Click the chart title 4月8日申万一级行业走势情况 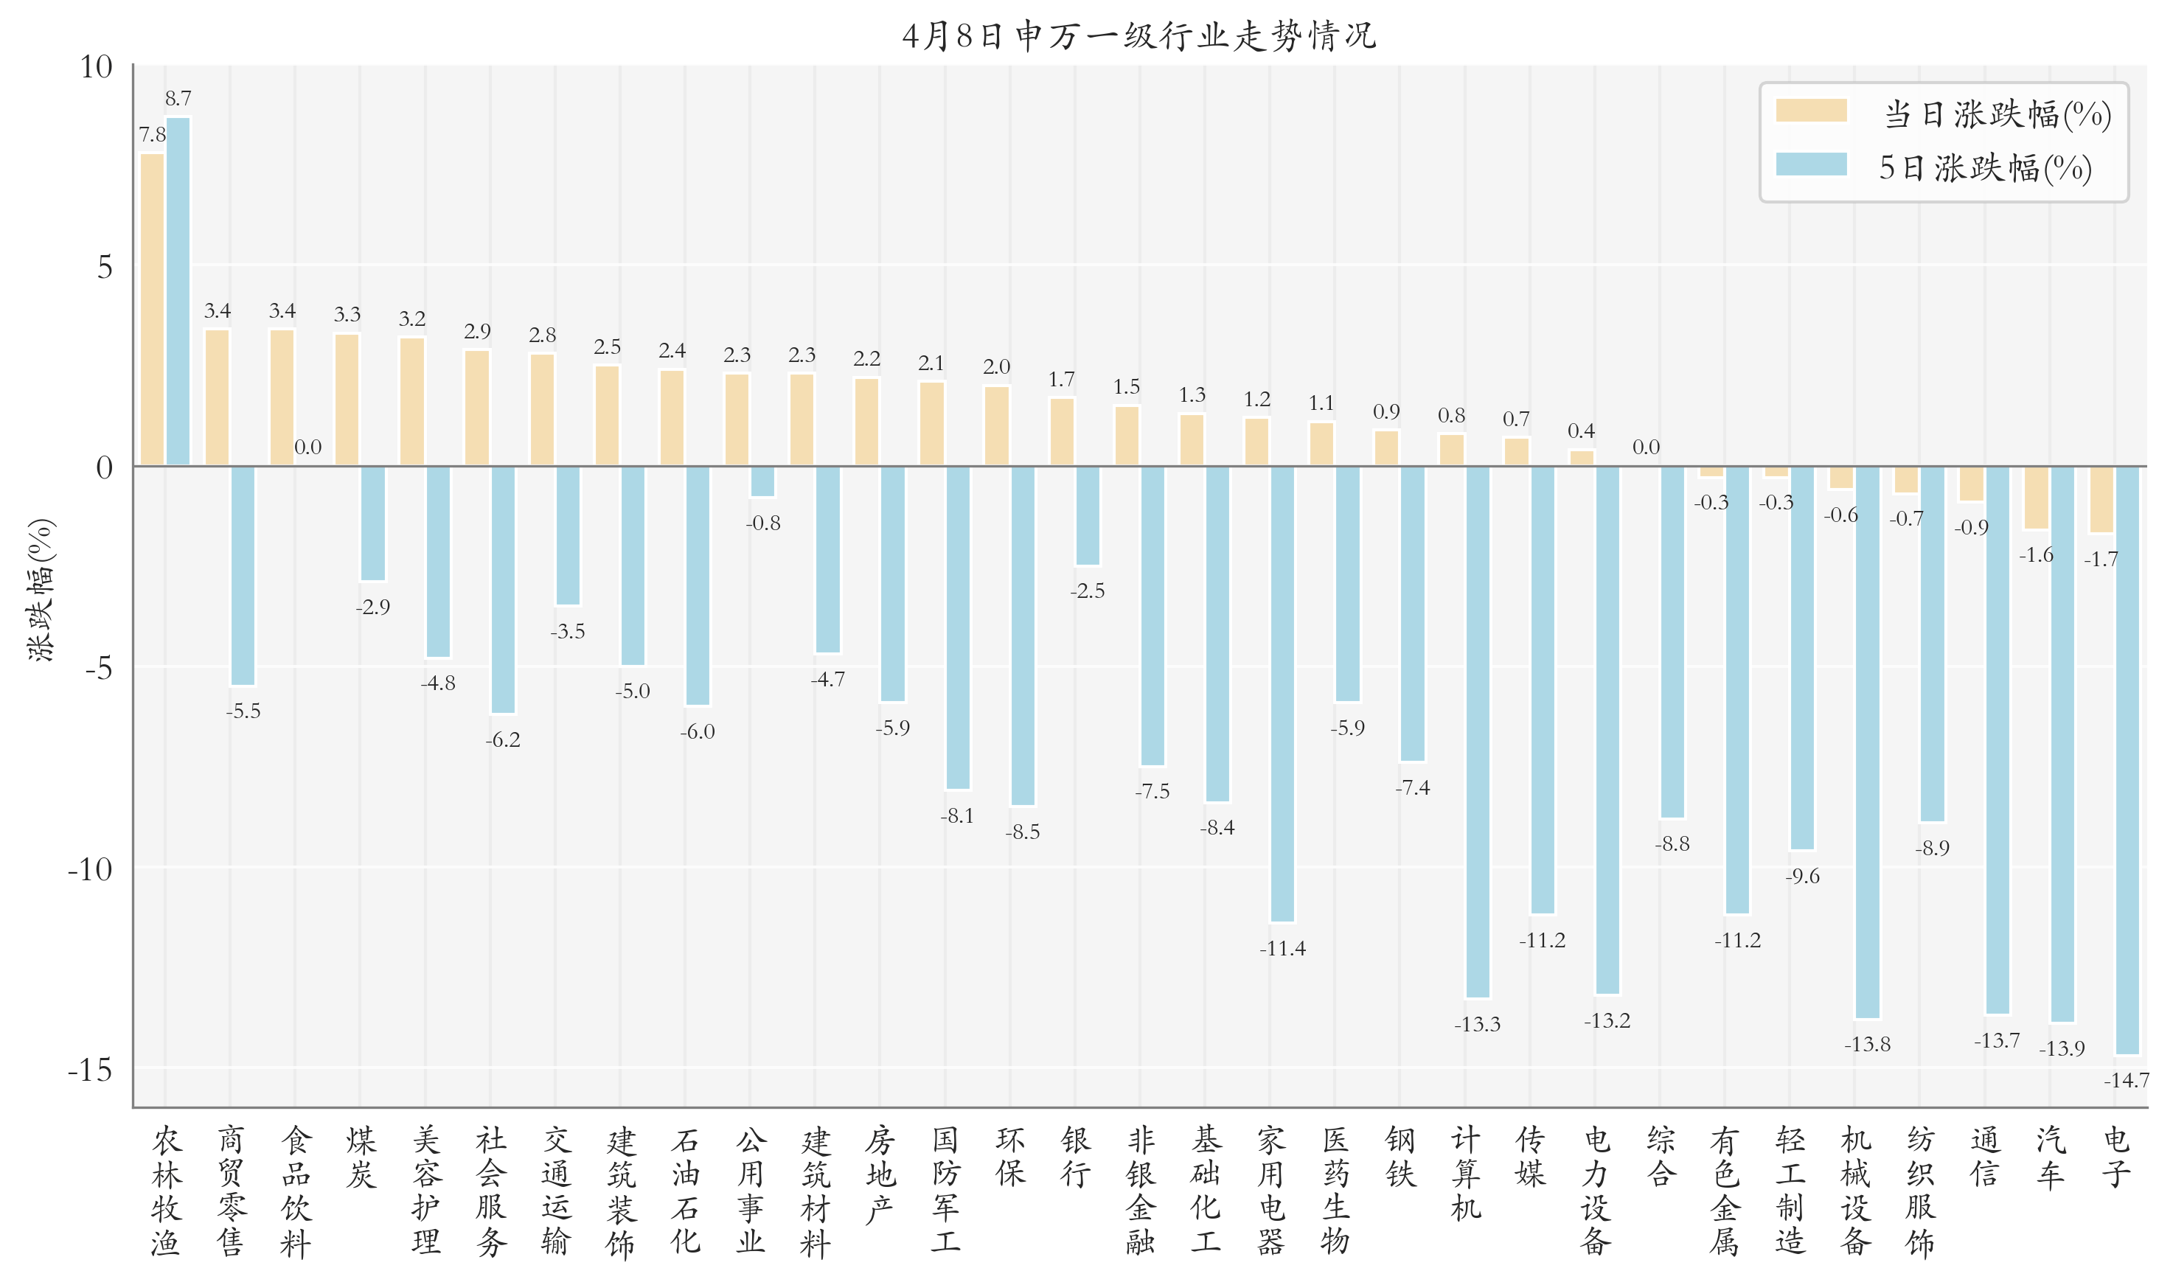(x=1138, y=36)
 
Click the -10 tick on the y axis (x=90, y=868)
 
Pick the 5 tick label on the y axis (x=104, y=267)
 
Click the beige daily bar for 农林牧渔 (x=153, y=309)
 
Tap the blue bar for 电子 (x=2127, y=760)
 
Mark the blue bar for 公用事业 (x=762, y=481)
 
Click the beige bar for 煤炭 (x=347, y=399)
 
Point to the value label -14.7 (x=2127, y=1081)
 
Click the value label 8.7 (x=178, y=99)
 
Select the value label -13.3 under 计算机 (x=1477, y=1024)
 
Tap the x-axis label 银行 (x=1075, y=1157)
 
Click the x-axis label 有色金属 (x=1725, y=1191)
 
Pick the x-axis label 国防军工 (x=945, y=1191)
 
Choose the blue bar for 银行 (x=1087, y=516)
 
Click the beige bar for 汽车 (x=2036, y=498)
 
